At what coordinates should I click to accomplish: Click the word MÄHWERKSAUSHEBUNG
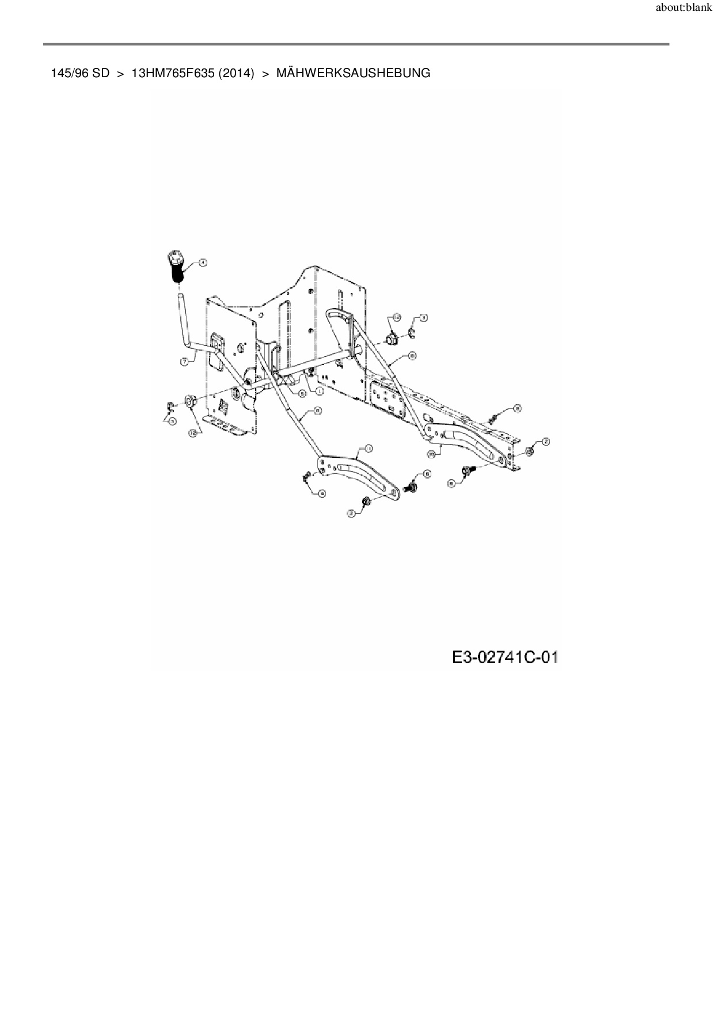pos(353,73)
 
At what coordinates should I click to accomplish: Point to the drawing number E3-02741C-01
pos(505,656)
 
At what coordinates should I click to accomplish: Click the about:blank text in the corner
pos(683,9)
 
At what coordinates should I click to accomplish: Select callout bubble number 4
pos(203,263)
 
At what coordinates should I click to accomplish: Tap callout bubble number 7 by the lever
pos(184,362)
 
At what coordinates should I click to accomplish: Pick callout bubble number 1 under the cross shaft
pos(318,390)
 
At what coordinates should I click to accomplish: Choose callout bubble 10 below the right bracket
pos(431,454)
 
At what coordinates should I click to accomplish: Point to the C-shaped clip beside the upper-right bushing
pos(412,332)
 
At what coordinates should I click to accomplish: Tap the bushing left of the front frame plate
pos(190,401)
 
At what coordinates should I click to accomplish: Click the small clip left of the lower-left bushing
pos(169,407)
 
